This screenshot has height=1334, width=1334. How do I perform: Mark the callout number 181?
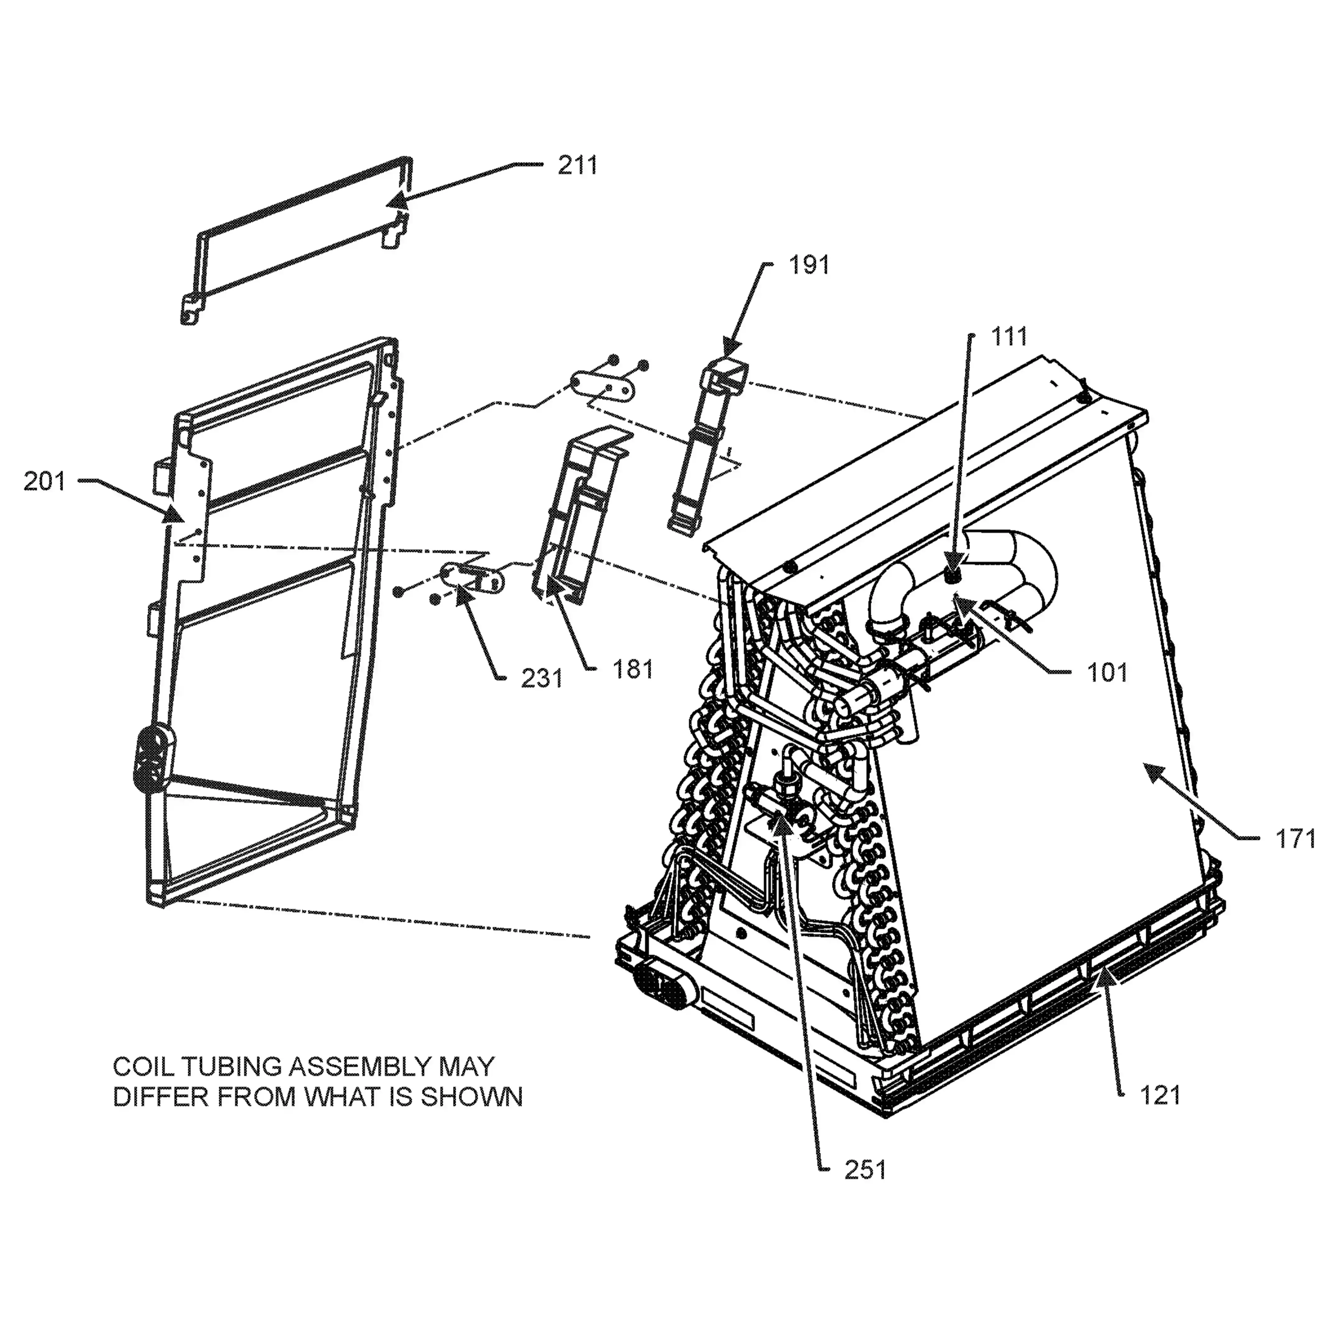pyautogui.click(x=632, y=669)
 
